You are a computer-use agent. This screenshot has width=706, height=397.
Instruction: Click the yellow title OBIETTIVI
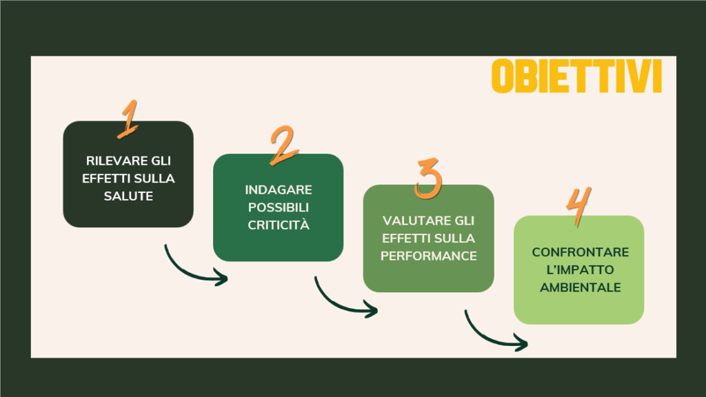point(577,76)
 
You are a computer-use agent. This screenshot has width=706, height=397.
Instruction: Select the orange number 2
point(283,145)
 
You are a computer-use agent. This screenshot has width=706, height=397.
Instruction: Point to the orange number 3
point(427,179)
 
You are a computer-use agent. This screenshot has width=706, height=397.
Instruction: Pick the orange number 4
point(578,206)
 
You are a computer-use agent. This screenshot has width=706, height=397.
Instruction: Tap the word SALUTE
point(128,196)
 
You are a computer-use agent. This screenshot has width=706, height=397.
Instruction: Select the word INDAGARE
point(279,190)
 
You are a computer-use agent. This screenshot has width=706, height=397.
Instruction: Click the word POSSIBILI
point(279,207)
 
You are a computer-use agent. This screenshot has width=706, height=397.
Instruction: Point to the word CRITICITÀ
point(279,225)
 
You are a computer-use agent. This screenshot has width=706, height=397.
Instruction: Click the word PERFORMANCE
point(429,256)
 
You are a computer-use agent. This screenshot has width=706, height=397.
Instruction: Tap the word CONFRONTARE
point(581,252)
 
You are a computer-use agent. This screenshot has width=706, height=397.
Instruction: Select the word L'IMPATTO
point(580,269)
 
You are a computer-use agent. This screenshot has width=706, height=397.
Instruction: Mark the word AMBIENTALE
point(581,287)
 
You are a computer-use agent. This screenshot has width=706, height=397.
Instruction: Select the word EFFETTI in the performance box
point(404,238)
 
